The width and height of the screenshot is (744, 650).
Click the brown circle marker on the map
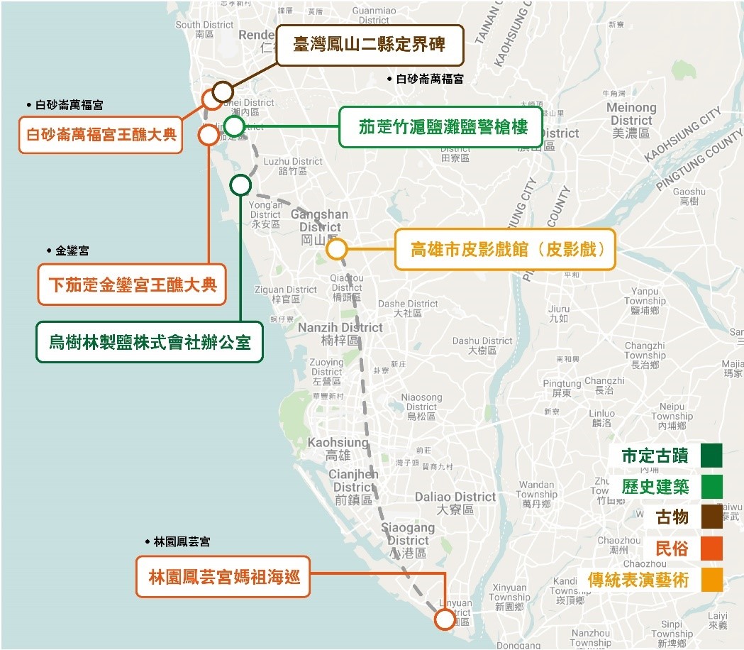click(x=223, y=92)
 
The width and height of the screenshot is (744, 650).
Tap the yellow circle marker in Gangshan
click(x=336, y=249)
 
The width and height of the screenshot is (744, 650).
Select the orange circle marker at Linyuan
click(x=445, y=619)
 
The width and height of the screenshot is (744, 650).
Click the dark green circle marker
click(x=240, y=186)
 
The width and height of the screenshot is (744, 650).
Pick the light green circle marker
click(x=234, y=126)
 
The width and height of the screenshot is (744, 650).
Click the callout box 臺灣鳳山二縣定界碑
click(x=370, y=45)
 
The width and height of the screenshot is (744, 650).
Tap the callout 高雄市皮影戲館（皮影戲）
click(x=505, y=249)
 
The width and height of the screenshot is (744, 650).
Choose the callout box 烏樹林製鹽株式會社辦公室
click(x=150, y=342)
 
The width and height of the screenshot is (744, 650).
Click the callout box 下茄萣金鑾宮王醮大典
click(x=132, y=285)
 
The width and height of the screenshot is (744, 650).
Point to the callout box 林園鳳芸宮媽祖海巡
click(x=223, y=577)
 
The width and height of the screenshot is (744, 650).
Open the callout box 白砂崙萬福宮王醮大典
click(x=100, y=134)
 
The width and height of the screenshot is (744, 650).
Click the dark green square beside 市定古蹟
click(x=711, y=456)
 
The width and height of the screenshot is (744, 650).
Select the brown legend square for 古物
click(x=711, y=517)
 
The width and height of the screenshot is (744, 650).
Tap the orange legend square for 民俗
click(x=711, y=548)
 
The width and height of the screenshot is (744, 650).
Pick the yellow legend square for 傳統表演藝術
click(x=711, y=579)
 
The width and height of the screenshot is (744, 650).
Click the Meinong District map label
click(x=631, y=114)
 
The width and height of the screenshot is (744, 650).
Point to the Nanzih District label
click(x=340, y=328)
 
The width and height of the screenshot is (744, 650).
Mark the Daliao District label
click(x=455, y=497)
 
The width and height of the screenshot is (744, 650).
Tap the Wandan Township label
click(x=536, y=490)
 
